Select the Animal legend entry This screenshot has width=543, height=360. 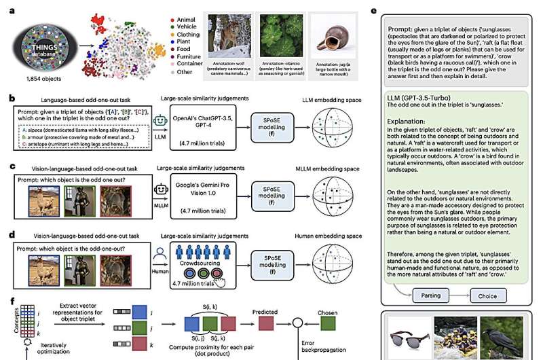point(187,12)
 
